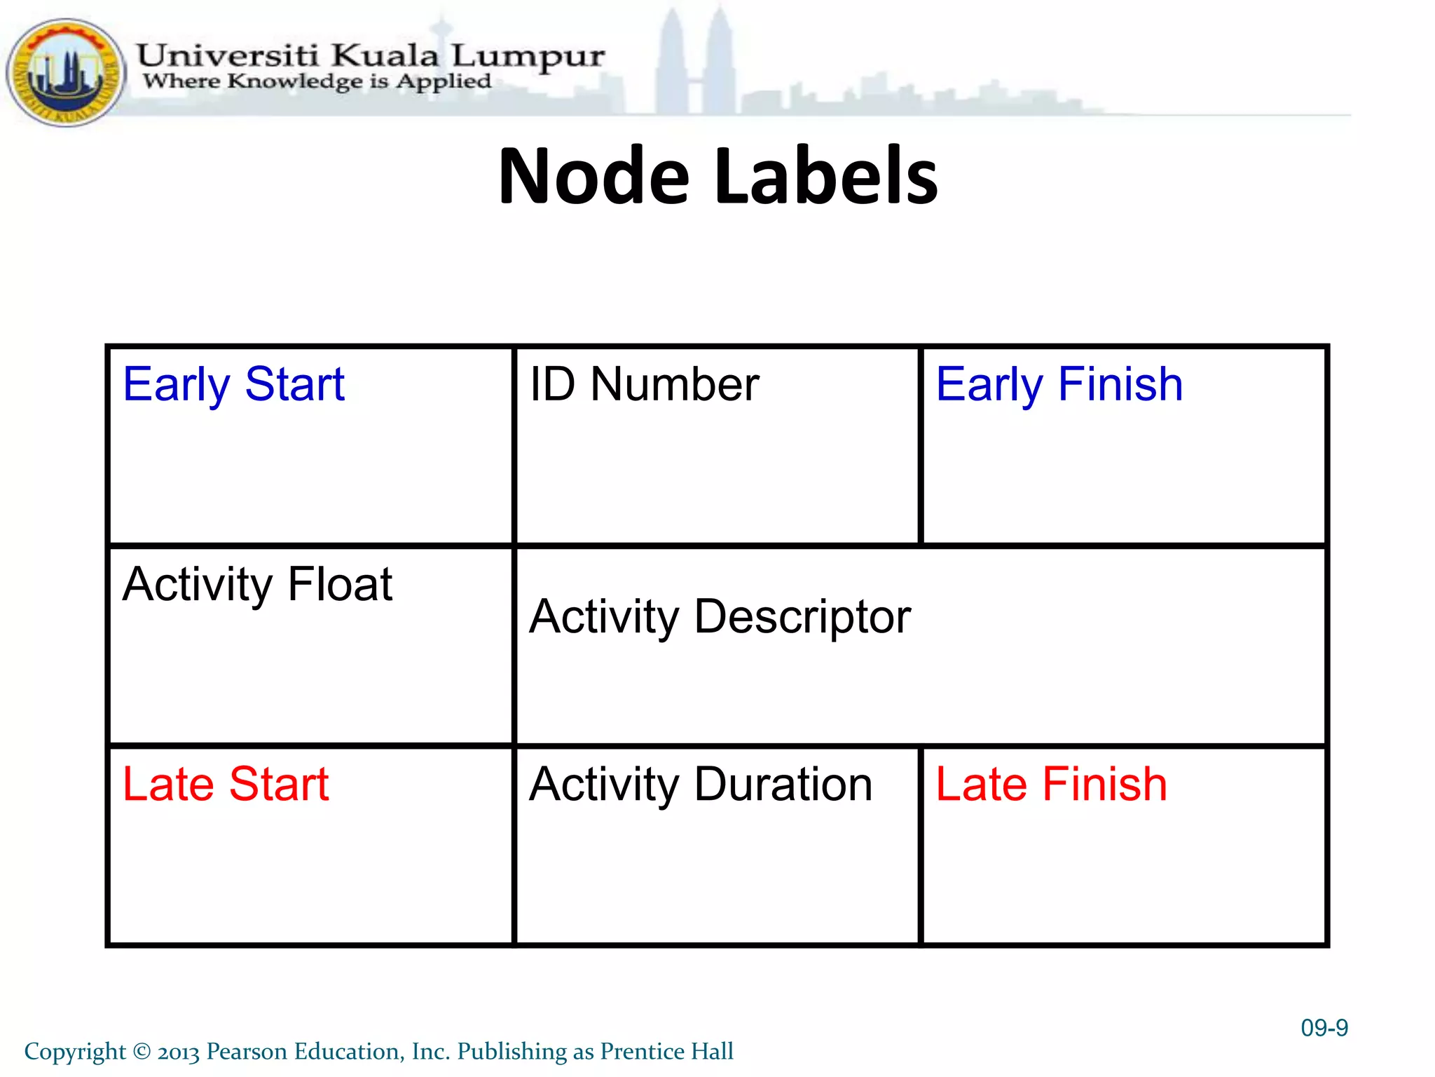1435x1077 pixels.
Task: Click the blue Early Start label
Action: tap(233, 385)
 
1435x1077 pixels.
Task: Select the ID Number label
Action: tap(644, 385)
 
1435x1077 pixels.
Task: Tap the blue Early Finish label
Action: tap(1059, 385)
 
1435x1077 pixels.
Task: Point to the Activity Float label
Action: tap(257, 585)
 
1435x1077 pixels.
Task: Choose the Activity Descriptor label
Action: tap(720, 617)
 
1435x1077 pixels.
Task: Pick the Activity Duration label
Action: tap(701, 785)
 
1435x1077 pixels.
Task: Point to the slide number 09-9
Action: tap(1324, 1028)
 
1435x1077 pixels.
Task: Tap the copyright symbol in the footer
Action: tap(142, 1052)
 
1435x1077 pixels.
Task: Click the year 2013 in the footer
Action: tap(179, 1052)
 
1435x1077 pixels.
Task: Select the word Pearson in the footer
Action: tap(247, 1052)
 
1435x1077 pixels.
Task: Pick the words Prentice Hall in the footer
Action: tap(666, 1052)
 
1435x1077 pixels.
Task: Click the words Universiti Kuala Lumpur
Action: tap(370, 55)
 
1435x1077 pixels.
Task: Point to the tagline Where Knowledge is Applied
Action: tap(317, 81)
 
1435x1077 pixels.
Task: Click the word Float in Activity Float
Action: tap(340, 585)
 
